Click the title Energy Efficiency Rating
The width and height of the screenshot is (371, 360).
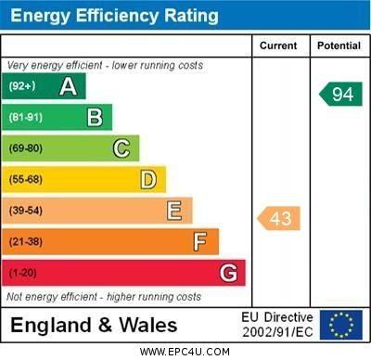(x=114, y=16)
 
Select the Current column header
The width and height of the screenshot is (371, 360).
(x=278, y=45)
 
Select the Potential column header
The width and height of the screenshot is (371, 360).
(x=339, y=45)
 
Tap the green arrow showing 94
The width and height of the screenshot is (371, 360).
(x=341, y=94)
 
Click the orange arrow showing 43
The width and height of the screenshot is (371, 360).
(x=279, y=218)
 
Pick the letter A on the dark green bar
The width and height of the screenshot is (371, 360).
(x=68, y=87)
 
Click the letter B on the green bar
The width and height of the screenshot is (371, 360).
(x=95, y=118)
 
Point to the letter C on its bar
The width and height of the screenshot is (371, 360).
(x=122, y=148)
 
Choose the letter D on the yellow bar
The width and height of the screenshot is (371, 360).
(x=148, y=179)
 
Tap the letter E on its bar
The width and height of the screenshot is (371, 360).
(x=174, y=211)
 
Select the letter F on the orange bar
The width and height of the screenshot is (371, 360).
(x=200, y=242)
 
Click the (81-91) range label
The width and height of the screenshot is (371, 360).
(x=26, y=118)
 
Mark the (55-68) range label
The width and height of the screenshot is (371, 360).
(x=26, y=179)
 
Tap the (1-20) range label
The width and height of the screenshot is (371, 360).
(x=23, y=274)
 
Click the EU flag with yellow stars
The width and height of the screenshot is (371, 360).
(x=341, y=325)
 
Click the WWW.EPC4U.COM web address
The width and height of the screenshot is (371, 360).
(x=185, y=352)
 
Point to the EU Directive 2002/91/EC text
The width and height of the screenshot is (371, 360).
(x=278, y=325)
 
